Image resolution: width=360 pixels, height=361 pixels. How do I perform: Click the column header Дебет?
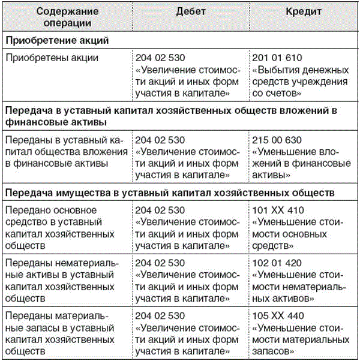(x=191, y=12)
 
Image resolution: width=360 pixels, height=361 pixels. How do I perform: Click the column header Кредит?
(x=304, y=12)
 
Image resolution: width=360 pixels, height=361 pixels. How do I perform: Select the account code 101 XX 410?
(x=278, y=210)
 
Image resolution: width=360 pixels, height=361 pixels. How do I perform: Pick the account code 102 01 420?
(x=278, y=263)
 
